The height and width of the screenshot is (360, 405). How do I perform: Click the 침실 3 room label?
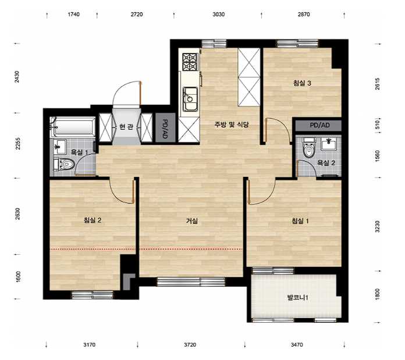(302, 83)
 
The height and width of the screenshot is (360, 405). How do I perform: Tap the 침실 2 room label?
(93, 220)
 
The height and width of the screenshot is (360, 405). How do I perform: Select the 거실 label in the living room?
(192, 221)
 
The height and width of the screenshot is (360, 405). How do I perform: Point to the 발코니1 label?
(297, 298)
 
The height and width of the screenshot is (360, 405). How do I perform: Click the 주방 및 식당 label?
(232, 124)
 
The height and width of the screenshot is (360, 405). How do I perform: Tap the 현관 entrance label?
(126, 127)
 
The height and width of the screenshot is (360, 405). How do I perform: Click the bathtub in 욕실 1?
(73, 126)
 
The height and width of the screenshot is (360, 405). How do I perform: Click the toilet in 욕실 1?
(65, 164)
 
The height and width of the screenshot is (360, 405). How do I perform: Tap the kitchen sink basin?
(190, 99)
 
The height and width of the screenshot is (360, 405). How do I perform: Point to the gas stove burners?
(190, 62)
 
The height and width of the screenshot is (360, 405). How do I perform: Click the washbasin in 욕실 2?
(329, 144)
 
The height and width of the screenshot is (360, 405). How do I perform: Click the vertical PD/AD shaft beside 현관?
(165, 127)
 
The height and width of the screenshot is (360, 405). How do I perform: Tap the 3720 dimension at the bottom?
(190, 344)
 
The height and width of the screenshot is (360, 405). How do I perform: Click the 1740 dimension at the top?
(74, 15)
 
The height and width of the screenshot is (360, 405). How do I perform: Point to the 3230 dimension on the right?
(378, 227)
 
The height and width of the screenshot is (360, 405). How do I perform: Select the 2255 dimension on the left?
(18, 144)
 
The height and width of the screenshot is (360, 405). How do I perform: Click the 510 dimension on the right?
(378, 125)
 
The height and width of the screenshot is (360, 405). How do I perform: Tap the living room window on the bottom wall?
(191, 281)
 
